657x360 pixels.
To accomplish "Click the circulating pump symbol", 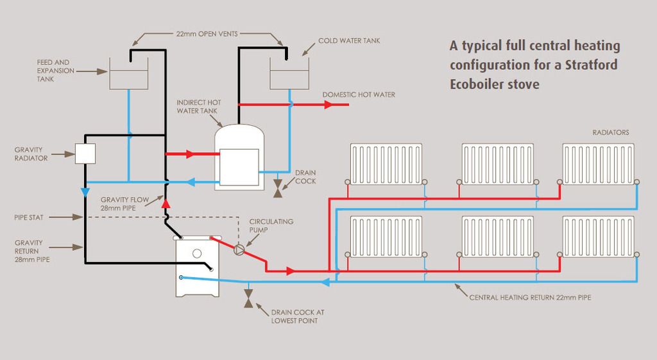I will [239, 250].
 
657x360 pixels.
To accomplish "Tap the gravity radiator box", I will [85, 153].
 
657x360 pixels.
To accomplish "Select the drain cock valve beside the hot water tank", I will [277, 188].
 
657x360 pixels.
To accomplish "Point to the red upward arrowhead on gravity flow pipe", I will [165, 203].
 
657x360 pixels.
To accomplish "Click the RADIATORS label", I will [611, 133].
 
